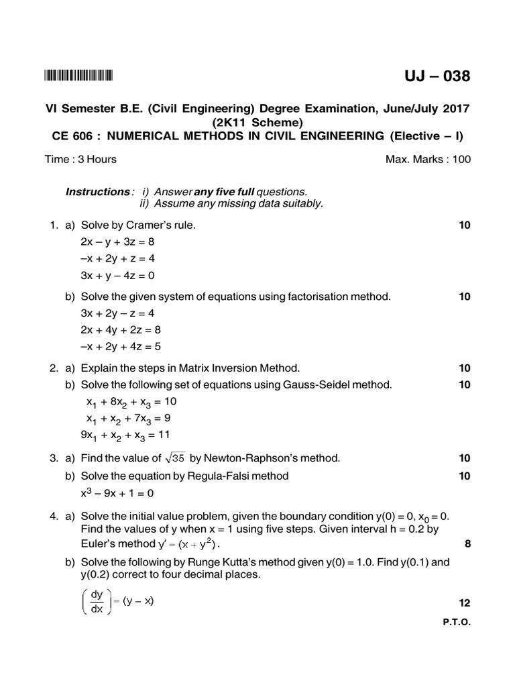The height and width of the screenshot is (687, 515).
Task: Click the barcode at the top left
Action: click(x=78, y=76)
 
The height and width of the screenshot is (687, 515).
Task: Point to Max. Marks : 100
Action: click(x=428, y=159)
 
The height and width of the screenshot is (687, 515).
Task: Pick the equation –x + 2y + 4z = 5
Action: click(x=121, y=347)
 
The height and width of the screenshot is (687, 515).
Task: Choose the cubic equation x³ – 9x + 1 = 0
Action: click(x=117, y=493)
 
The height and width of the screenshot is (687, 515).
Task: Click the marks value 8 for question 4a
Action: click(x=467, y=544)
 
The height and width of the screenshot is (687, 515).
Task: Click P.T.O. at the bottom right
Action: click(x=457, y=622)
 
